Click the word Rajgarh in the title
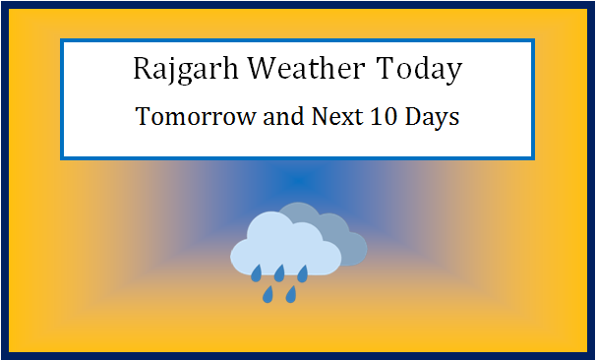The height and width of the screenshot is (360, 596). coord(186,71)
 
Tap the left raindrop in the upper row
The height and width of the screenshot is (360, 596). coord(256,271)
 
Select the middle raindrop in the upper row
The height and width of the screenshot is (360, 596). coord(279,271)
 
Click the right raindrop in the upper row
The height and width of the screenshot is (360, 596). coord(303,271)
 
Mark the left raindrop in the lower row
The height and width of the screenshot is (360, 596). coord(268,293)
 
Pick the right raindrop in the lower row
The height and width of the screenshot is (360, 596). coord(291,293)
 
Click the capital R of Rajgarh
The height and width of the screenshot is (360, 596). coord(141,71)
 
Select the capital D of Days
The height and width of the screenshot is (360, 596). coord(415,117)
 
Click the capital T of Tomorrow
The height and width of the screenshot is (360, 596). coord(142,117)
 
